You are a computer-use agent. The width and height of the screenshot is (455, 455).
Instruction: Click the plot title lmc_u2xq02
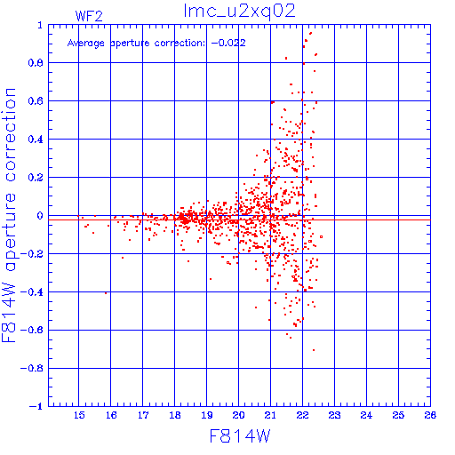(x=239, y=12)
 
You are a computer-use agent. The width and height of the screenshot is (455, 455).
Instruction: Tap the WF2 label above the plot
(x=89, y=16)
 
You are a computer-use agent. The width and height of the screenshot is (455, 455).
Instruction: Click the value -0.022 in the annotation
(x=228, y=43)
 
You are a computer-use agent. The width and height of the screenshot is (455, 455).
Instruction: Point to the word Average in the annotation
(x=86, y=44)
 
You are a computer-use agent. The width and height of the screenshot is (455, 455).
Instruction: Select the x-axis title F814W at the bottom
(x=240, y=436)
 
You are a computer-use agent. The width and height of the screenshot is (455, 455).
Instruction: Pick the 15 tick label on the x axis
(x=79, y=415)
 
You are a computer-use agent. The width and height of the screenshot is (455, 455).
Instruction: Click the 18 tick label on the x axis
(x=175, y=415)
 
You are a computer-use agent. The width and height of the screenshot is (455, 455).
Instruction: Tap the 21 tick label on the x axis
(x=270, y=415)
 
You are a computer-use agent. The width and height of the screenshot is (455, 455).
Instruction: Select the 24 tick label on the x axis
(x=366, y=415)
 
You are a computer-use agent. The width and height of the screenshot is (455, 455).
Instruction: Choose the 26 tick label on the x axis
(x=430, y=415)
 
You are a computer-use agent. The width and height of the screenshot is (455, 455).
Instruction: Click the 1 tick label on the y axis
(x=40, y=25)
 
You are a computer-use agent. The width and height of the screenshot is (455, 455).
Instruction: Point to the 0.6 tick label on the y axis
(x=36, y=101)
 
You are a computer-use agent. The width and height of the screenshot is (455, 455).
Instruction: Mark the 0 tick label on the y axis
(x=40, y=216)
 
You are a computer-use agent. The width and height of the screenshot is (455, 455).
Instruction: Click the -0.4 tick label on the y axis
(x=32, y=292)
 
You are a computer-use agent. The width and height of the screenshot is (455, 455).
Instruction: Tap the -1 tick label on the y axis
(x=36, y=406)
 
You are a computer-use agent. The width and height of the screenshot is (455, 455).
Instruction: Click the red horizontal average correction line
(x=239, y=220)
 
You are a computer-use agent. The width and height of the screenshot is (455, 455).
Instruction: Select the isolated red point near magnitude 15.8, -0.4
(x=106, y=293)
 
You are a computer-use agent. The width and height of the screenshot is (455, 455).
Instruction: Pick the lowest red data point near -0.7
(x=314, y=350)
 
